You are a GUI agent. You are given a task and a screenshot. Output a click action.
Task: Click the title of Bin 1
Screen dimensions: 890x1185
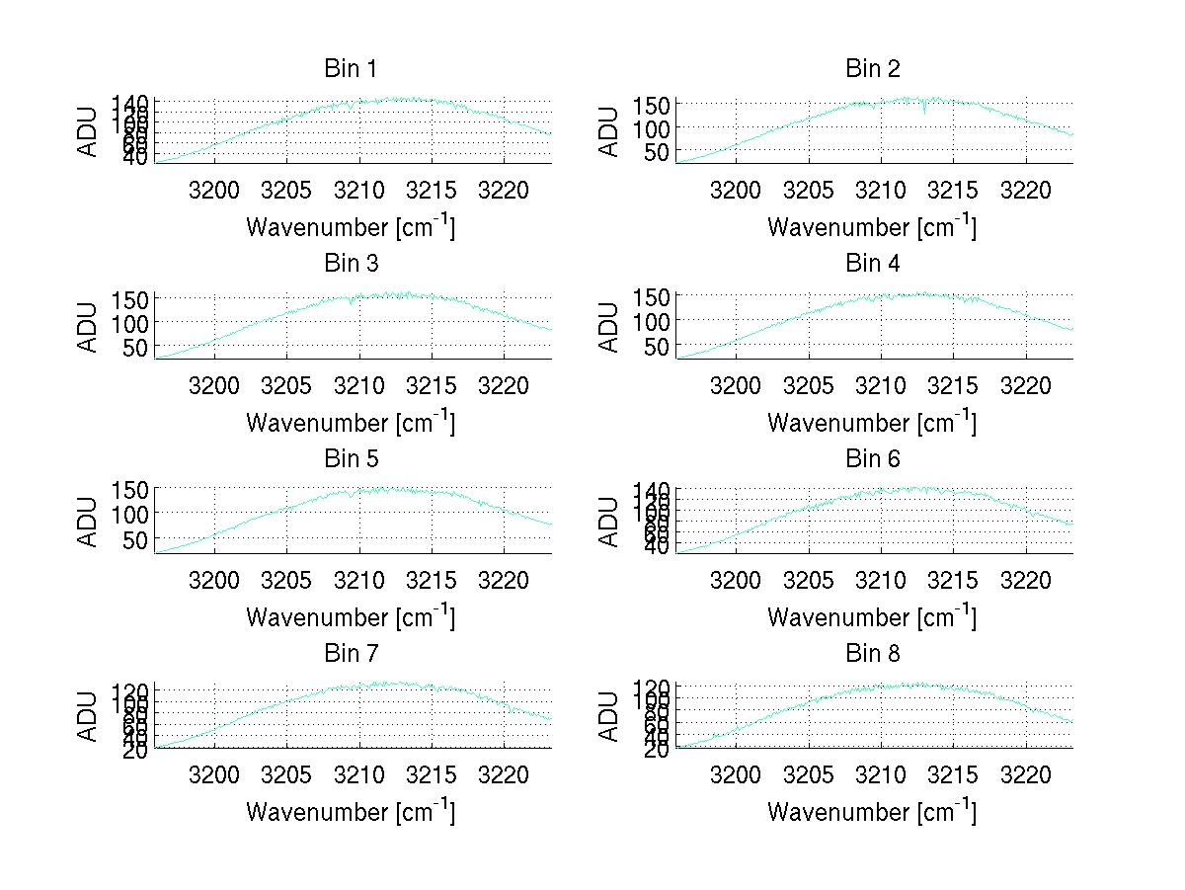(x=351, y=69)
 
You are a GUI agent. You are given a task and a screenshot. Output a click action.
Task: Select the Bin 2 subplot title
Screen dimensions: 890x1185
(x=873, y=69)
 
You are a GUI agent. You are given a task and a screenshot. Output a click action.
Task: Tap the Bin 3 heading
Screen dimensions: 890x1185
(x=351, y=264)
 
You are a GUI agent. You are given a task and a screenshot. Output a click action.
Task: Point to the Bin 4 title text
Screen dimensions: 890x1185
(x=873, y=264)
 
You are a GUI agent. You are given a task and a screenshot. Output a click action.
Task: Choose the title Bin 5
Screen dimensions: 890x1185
(x=351, y=459)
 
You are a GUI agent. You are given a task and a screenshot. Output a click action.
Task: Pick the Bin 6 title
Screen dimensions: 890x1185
(x=873, y=459)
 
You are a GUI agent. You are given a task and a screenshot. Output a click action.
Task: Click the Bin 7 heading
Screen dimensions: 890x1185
(x=351, y=654)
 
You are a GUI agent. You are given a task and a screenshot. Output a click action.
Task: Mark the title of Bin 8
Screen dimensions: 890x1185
(x=873, y=654)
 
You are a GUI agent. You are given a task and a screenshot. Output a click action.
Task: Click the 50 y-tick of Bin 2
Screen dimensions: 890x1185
(x=658, y=152)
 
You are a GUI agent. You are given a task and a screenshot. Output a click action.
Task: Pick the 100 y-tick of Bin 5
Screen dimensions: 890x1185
(x=129, y=514)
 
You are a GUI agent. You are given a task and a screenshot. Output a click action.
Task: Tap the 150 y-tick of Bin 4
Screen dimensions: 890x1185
(x=651, y=296)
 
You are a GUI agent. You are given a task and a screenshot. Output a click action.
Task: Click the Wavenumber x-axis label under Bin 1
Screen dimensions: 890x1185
(x=351, y=227)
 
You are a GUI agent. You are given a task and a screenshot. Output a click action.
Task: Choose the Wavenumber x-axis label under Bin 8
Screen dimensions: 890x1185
(x=873, y=812)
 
